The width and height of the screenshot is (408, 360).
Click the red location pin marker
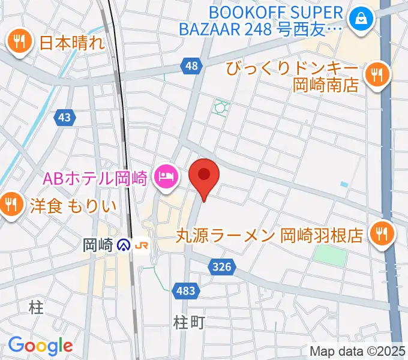[x=204, y=175]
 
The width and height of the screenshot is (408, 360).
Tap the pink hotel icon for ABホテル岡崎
[x=165, y=176]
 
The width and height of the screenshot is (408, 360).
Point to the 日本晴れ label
[x=71, y=43]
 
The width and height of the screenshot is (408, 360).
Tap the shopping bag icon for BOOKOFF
[x=362, y=20]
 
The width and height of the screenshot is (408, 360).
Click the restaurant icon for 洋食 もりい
[x=11, y=205]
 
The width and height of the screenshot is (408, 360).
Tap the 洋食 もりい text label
[x=65, y=206]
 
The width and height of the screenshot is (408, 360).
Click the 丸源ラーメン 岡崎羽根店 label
[x=270, y=234]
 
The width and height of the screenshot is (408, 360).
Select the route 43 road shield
[x=65, y=118]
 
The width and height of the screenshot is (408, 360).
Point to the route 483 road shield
[x=186, y=291]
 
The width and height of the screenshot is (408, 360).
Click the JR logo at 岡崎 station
[x=142, y=245]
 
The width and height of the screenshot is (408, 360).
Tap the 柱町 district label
[x=189, y=322]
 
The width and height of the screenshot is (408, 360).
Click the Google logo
[x=40, y=345]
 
